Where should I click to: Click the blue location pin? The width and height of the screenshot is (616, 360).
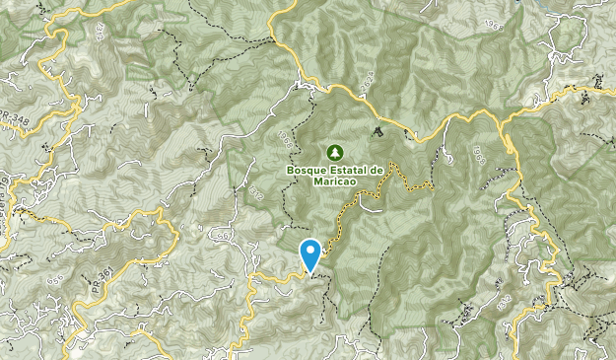coord(310,253)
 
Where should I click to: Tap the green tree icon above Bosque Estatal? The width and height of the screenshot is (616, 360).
coord(334,152)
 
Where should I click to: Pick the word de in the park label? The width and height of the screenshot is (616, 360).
coord(376,169)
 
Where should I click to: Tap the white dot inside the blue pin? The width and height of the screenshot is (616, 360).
coord(310,250)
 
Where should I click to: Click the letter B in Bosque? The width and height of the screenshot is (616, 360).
coord(290,169)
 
